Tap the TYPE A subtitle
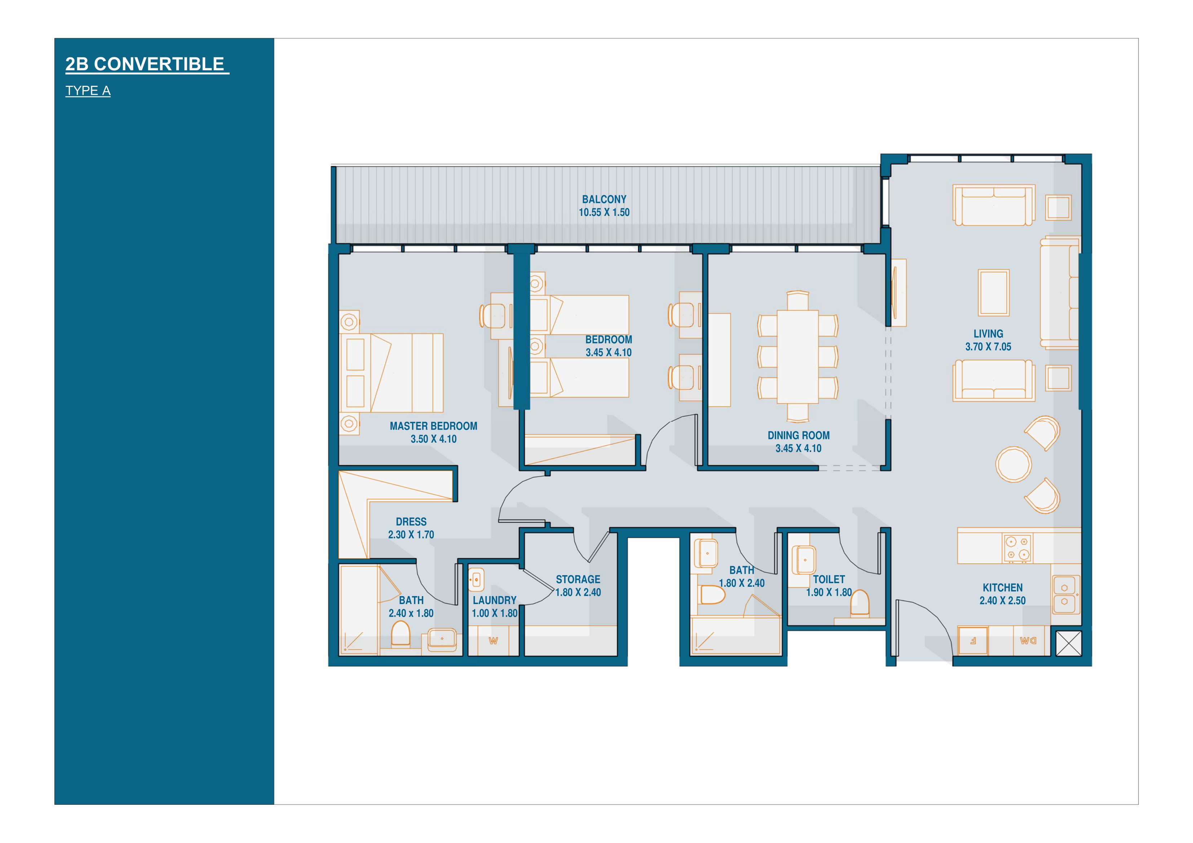click(88, 91)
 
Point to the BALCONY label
click(604, 199)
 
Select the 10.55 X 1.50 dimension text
click(604, 212)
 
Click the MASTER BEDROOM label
click(433, 426)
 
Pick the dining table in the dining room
click(797, 356)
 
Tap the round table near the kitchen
click(1013, 464)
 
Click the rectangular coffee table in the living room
click(994, 292)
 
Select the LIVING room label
click(988, 334)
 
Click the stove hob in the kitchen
click(1017, 548)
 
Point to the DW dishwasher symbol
click(1027, 641)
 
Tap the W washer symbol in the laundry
click(493, 641)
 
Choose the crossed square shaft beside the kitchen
click(1069, 644)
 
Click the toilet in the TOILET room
click(860, 603)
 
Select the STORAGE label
click(578, 580)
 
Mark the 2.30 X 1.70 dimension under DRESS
click(411, 534)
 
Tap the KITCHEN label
click(1002, 588)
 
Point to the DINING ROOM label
click(799, 436)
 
